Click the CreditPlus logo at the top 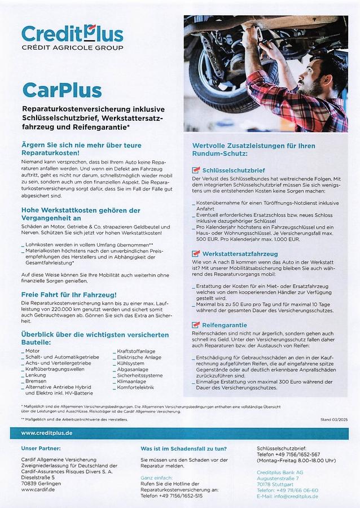pos(72,37)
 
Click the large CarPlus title pos(62,90)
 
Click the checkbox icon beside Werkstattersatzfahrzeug pos(196,253)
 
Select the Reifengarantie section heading pos(225,325)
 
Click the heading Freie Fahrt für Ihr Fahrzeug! pos(69,295)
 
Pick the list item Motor pos(32,351)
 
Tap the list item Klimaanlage pos(131,381)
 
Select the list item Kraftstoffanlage pos(136,351)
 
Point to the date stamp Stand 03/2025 pos(334,420)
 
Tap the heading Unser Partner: pos(41,449)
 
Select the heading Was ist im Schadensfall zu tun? pos(183,449)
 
